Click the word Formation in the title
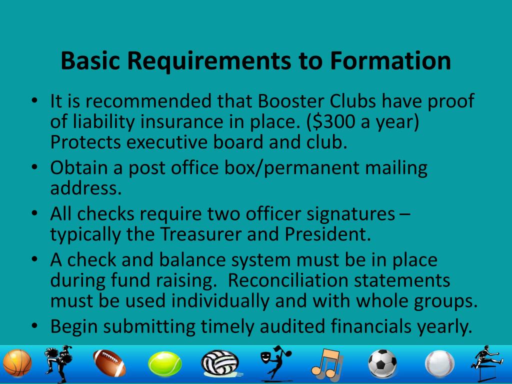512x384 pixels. tap(390, 61)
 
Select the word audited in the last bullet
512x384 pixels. tap(290, 326)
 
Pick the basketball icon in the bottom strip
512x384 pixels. tap(17, 363)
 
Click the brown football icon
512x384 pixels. tap(109, 363)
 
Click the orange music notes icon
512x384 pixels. tap(326, 363)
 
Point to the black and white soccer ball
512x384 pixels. tap(382, 363)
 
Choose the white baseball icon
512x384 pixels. tap(439, 363)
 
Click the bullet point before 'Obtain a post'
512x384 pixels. tap(34, 168)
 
